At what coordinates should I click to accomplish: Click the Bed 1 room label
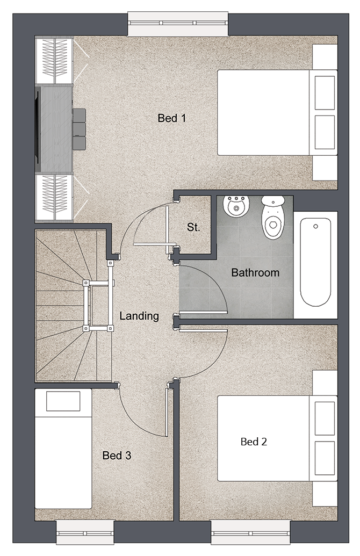[171, 118]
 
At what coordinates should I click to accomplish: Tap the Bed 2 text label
[254, 442]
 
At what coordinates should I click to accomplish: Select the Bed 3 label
[117, 456]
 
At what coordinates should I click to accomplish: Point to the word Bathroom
[255, 273]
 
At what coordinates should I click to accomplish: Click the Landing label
[139, 316]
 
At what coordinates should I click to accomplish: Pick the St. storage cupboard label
[193, 227]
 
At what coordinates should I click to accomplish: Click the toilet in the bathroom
[273, 218]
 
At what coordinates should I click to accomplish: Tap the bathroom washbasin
[236, 206]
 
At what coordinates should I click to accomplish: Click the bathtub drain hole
[315, 226]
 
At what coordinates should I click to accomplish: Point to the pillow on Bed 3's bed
[63, 401]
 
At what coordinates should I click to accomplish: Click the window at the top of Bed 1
[178, 24]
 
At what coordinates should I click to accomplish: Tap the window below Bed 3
[85, 532]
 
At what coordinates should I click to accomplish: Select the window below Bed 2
[251, 532]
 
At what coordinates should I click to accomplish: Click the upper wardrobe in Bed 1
[54, 60]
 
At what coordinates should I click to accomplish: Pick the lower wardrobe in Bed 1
[54, 198]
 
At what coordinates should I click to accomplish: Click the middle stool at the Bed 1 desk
[79, 129]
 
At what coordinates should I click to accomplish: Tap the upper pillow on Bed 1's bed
[325, 93]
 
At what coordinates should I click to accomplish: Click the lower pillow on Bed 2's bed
[325, 458]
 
